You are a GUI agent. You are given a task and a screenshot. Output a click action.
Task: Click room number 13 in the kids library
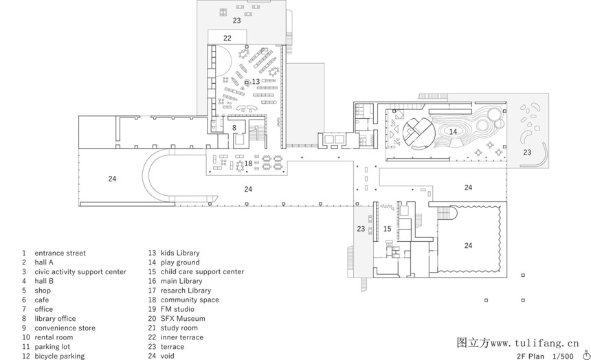256,82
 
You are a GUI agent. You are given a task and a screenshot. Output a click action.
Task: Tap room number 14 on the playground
453,131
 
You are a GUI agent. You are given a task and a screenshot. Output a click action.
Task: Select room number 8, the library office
234,128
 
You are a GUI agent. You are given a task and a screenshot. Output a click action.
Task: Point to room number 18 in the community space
248,164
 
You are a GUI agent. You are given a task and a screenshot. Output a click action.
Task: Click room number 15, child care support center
387,229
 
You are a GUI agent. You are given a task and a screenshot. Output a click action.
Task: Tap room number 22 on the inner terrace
227,38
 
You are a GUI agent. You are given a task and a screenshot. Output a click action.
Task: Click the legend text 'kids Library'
180,253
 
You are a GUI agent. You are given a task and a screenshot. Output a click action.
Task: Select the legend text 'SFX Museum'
183,319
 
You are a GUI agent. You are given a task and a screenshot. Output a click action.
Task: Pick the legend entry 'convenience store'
65,328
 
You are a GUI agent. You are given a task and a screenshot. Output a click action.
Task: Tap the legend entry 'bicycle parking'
60,356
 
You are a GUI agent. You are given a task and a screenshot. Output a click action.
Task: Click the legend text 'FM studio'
177,309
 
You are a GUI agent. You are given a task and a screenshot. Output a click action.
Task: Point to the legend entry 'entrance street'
60,253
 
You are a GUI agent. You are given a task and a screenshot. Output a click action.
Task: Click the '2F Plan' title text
531,357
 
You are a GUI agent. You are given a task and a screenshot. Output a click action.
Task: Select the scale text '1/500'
563,357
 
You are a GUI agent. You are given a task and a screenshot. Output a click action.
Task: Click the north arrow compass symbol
586,355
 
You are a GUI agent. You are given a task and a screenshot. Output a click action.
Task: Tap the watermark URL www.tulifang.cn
534,344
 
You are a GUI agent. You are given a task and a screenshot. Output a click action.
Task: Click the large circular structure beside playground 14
419,133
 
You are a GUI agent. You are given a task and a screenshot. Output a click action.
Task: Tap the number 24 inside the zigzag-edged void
468,245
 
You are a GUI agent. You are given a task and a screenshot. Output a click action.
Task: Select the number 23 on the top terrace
236,21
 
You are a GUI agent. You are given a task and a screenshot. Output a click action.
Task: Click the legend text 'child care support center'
203,272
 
